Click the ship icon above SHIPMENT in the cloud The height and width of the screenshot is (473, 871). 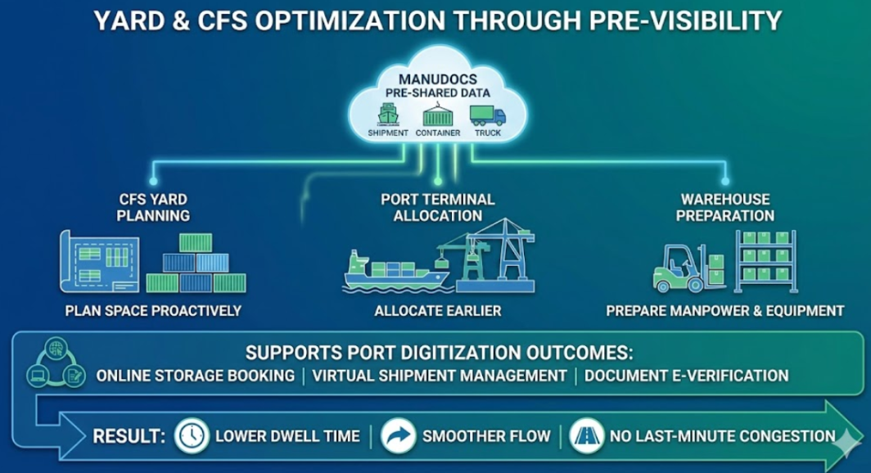388,115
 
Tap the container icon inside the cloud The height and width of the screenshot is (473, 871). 438,115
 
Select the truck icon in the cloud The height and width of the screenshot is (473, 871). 488,115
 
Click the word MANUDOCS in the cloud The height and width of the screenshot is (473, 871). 438,79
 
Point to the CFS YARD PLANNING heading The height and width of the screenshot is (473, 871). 153,208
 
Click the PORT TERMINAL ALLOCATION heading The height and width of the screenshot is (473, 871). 438,208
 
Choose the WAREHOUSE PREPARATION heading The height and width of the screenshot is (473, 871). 725,208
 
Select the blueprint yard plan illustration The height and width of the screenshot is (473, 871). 100,262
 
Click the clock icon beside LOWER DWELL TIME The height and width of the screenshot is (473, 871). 192,436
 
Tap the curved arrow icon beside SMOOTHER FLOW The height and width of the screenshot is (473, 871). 399,436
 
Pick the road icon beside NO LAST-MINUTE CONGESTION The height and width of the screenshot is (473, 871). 587,436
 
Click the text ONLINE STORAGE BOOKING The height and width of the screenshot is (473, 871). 196,376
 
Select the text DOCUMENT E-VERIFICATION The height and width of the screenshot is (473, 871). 687,376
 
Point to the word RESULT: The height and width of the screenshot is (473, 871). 129,436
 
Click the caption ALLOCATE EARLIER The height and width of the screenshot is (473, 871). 438,311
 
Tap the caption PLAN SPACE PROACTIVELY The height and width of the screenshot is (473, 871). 153,311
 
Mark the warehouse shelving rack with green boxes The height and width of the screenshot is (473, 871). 766,262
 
